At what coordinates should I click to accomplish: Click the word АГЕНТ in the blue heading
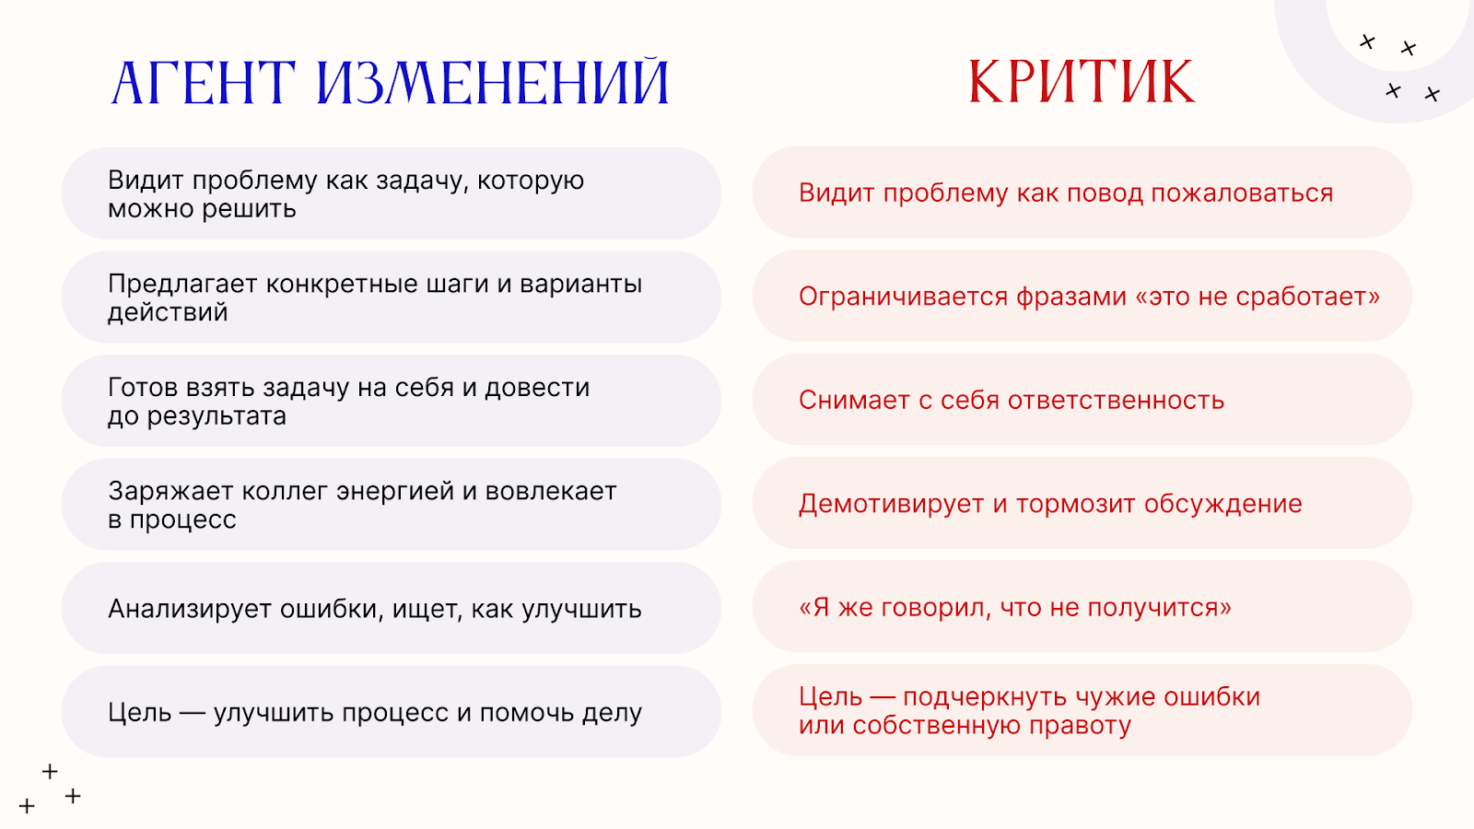[x=204, y=83]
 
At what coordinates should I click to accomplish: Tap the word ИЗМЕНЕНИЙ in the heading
[x=493, y=83]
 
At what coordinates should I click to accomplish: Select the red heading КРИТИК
[x=1082, y=82]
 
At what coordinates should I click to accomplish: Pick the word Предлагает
[x=182, y=284]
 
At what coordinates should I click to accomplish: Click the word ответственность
[x=1116, y=401]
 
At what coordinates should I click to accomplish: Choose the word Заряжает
[x=170, y=491]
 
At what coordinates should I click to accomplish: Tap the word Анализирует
[x=190, y=609]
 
